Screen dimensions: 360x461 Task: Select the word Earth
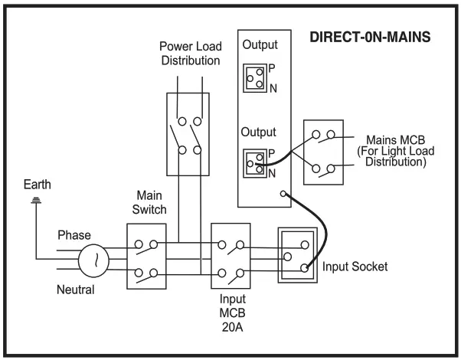click(x=38, y=185)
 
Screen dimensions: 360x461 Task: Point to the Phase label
click(x=74, y=234)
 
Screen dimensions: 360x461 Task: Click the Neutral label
click(x=76, y=290)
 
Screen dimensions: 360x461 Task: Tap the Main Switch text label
click(x=146, y=202)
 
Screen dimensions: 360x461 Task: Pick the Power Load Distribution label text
click(x=190, y=54)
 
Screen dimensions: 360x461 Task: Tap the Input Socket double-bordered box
click(x=296, y=254)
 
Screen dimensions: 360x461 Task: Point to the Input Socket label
click(x=355, y=267)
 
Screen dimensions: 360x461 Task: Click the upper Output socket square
click(x=255, y=77)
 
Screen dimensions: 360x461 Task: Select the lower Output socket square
click(x=255, y=162)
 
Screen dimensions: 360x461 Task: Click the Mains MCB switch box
click(x=322, y=152)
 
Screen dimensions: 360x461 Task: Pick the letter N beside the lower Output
click(x=272, y=174)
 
